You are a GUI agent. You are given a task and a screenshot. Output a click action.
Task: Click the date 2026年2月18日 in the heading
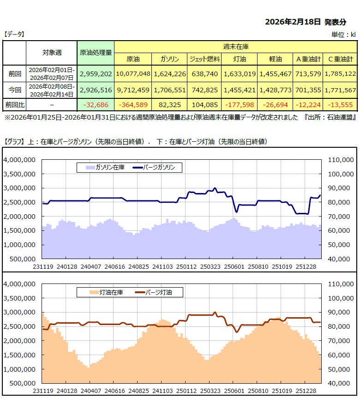[294, 22]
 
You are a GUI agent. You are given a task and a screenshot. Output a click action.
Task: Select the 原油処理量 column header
[96, 53]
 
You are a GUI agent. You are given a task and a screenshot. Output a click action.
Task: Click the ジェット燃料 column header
[204, 59]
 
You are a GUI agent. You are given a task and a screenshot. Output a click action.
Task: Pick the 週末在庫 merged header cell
[235, 47]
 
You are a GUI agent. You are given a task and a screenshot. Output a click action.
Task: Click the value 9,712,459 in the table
[133, 90]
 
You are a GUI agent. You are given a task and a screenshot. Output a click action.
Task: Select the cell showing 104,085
[204, 105]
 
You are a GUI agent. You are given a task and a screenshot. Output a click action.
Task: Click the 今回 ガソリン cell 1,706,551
[170, 90]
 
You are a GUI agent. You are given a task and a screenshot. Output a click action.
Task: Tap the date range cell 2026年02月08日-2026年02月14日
[51, 90]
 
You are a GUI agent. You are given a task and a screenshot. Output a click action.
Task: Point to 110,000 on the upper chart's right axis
[340, 160]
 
